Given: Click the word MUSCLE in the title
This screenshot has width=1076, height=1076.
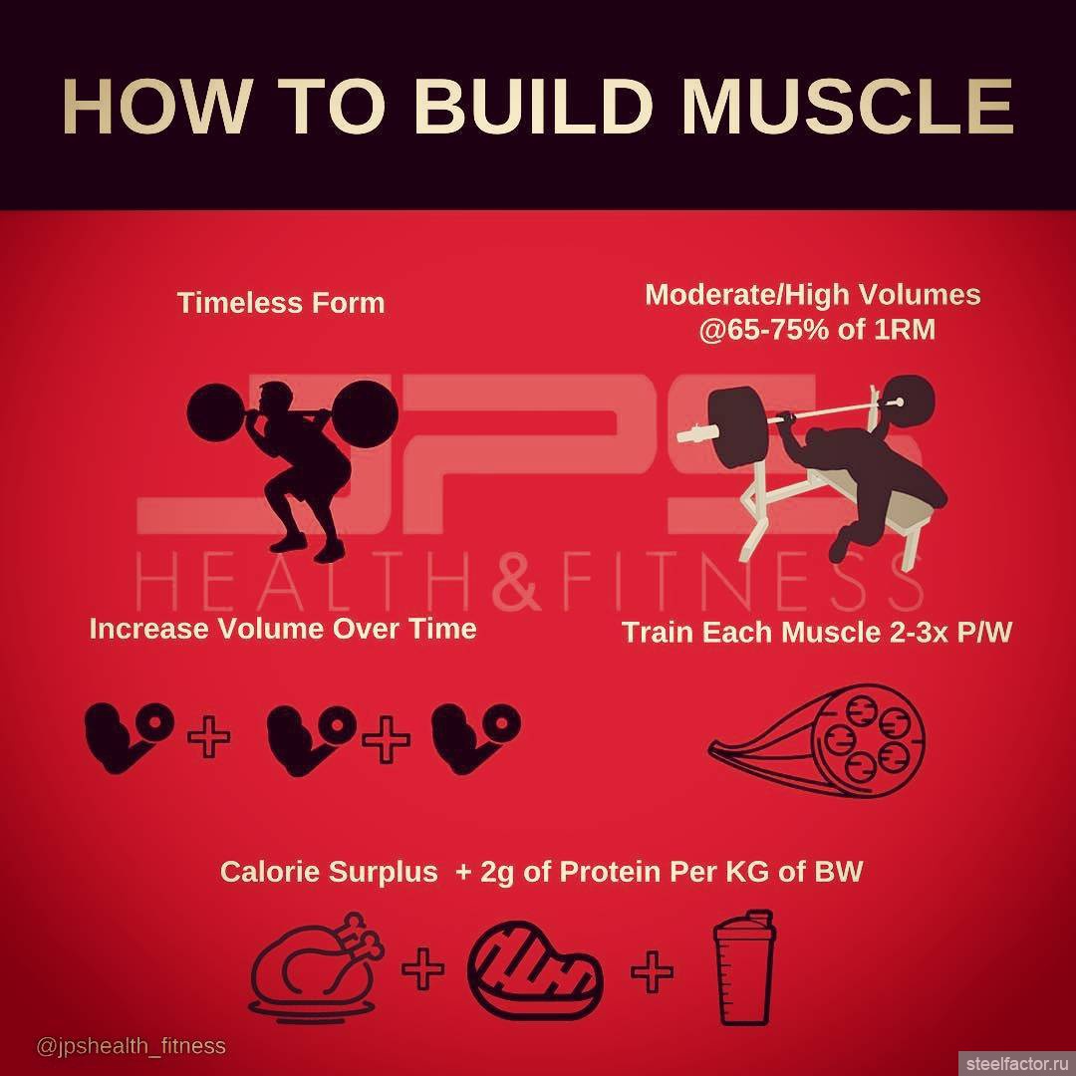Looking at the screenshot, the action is point(847,107).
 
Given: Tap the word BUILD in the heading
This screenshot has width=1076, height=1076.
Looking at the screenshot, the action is point(532,107).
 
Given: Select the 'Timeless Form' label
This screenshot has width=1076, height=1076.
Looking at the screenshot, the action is point(281,303).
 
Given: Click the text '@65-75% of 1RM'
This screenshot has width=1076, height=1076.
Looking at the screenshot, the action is point(817,330).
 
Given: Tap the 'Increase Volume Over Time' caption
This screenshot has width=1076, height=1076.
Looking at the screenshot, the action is point(283,630).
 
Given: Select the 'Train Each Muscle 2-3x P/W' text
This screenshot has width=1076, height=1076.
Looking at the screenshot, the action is point(817,632).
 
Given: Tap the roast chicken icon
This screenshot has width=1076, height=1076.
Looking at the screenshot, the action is point(317,967).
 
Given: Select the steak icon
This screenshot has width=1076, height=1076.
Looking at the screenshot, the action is point(535,969).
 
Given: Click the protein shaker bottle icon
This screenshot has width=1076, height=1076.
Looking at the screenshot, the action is point(743,966).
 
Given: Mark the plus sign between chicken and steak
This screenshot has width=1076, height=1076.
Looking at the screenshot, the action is point(422,969).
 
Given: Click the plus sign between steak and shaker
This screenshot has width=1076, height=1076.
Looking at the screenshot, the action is point(652,971).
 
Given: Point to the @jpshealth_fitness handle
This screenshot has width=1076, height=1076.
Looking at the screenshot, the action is point(132,1046).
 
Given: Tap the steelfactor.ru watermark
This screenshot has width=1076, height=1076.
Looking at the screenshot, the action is point(1017,1064).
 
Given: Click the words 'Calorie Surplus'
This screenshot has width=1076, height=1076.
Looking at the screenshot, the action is point(329,872).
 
